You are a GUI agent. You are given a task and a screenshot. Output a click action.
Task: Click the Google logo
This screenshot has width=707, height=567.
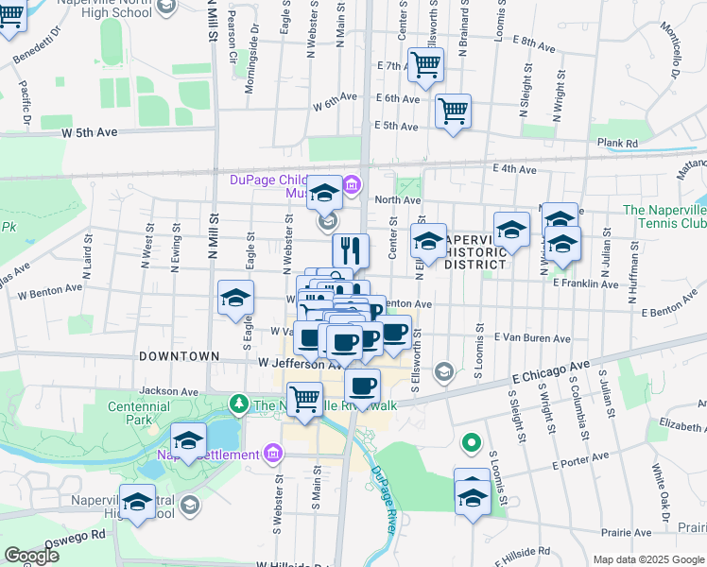31,557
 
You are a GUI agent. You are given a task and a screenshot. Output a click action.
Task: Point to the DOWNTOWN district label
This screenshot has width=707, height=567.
178,355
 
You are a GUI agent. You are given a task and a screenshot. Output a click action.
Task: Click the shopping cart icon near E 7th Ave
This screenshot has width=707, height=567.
427,65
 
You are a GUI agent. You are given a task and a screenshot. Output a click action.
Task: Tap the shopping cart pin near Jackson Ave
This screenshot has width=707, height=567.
304,399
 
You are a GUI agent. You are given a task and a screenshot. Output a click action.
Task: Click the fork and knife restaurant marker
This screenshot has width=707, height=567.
350,250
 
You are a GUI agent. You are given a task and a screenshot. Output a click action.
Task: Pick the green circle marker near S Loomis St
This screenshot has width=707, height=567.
471,442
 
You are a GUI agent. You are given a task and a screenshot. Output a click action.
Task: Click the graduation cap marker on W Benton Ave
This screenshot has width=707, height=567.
235,299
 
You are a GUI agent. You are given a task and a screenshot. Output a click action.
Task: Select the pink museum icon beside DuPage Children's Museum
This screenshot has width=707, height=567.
352,183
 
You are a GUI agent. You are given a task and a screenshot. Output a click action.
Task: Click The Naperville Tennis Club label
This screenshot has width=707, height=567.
664,216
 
